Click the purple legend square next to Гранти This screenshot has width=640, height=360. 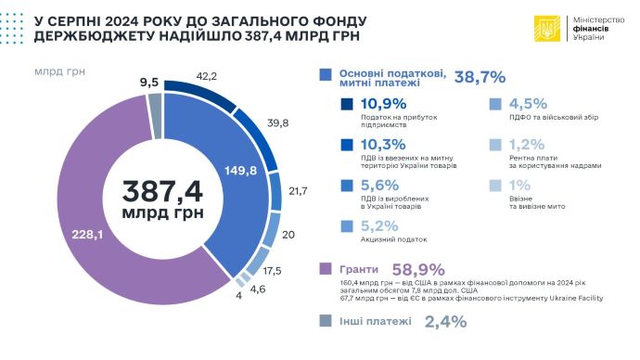(324, 269)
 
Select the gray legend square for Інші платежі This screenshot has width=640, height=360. (324, 321)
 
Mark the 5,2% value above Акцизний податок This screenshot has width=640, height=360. (381, 226)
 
